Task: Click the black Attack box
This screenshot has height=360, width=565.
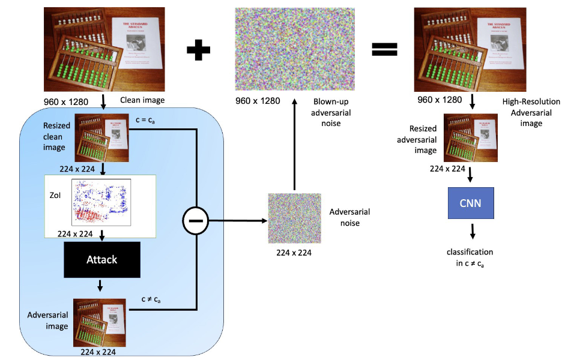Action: [101, 260]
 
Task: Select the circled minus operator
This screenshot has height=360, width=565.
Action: [197, 221]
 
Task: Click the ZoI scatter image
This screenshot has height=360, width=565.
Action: [101, 202]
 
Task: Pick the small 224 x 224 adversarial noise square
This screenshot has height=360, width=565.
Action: [294, 219]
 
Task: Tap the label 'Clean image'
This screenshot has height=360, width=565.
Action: [142, 101]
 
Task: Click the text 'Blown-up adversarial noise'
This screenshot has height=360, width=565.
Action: [332, 113]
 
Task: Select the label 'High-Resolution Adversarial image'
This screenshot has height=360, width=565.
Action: [530, 112]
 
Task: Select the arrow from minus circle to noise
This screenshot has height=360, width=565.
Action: [238, 221]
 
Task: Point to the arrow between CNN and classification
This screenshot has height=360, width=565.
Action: [473, 231]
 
